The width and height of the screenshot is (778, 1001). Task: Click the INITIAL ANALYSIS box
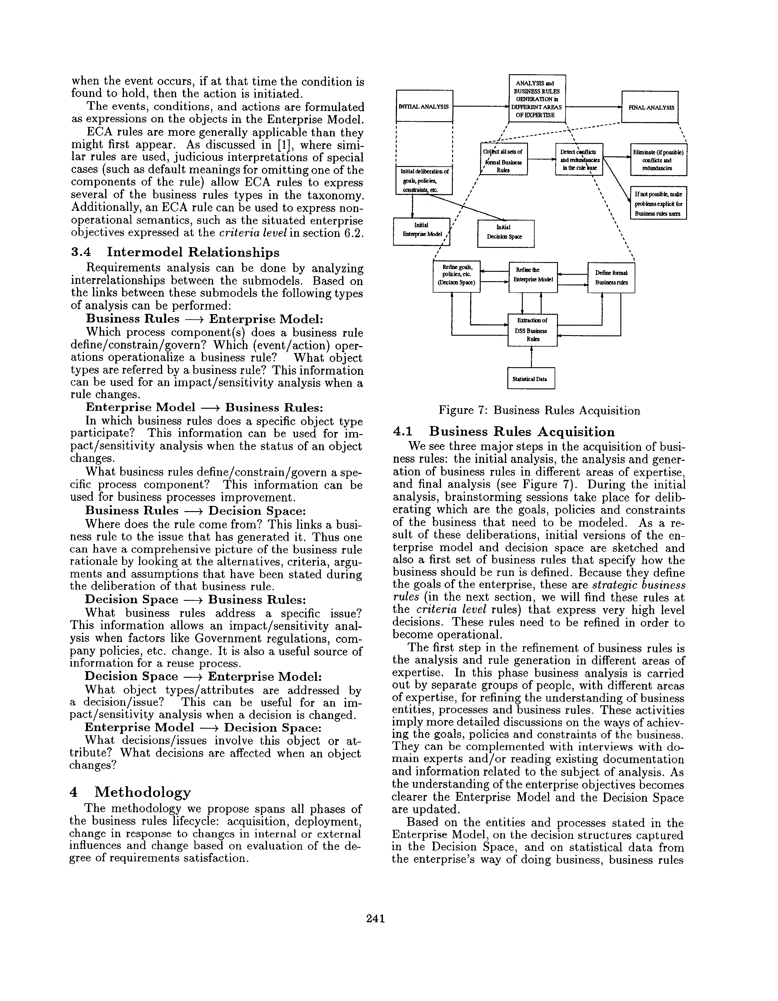[424, 106]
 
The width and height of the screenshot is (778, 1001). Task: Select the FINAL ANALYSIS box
[649, 107]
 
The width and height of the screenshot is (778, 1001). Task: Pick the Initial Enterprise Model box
[422, 231]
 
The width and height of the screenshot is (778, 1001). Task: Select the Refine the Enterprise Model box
[533, 277]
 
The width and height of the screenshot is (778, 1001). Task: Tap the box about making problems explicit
[658, 203]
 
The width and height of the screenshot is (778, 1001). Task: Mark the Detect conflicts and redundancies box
[579, 159]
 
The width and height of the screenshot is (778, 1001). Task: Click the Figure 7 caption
[539, 411]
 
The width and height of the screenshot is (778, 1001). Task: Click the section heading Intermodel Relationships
[192, 253]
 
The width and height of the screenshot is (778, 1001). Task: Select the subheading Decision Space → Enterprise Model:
[204, 677]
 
